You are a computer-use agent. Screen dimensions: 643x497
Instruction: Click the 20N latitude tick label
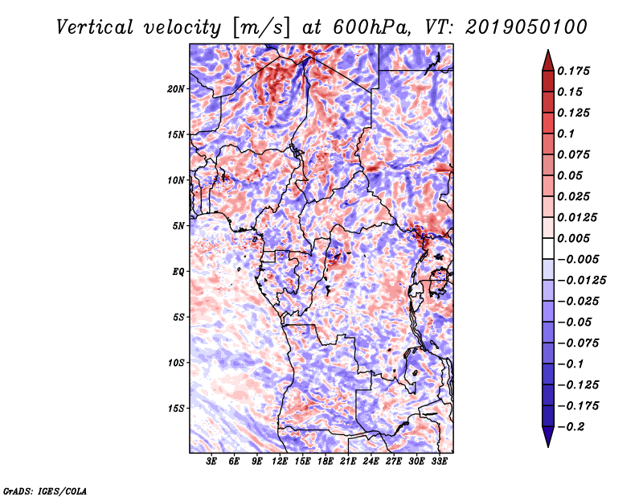coord(175,88)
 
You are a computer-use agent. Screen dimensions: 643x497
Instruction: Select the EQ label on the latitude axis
coord(178,271)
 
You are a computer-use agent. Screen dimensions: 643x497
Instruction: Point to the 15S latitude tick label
coord(175,408)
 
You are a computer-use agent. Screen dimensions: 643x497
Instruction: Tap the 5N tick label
coord(178,226)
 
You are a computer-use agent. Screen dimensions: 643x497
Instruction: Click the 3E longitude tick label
coord(211,462)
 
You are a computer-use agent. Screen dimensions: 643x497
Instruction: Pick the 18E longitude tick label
coord(326,462)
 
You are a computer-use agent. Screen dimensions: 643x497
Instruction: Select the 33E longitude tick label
coord(439,462)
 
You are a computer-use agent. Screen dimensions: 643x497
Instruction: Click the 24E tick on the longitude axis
coord(371,462)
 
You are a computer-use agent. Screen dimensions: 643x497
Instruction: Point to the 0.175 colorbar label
coord(573,71)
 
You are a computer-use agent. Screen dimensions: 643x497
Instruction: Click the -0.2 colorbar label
coord(571,427)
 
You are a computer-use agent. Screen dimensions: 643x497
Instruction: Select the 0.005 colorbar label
coord(573,238)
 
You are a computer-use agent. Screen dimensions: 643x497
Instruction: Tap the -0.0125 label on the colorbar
coord(581,281)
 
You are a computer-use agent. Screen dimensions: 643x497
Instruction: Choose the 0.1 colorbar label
coord(566,133)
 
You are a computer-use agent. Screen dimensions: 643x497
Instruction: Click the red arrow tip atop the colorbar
coord(548,51)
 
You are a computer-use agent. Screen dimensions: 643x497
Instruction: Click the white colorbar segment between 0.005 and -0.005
coord(548,249)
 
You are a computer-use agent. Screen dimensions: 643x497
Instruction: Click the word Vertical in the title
coord(95,27)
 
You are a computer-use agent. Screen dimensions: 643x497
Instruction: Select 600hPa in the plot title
coord(371,27)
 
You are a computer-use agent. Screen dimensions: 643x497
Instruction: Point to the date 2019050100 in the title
coord(526,27)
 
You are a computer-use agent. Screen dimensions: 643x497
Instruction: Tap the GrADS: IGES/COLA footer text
coord(45,491)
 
